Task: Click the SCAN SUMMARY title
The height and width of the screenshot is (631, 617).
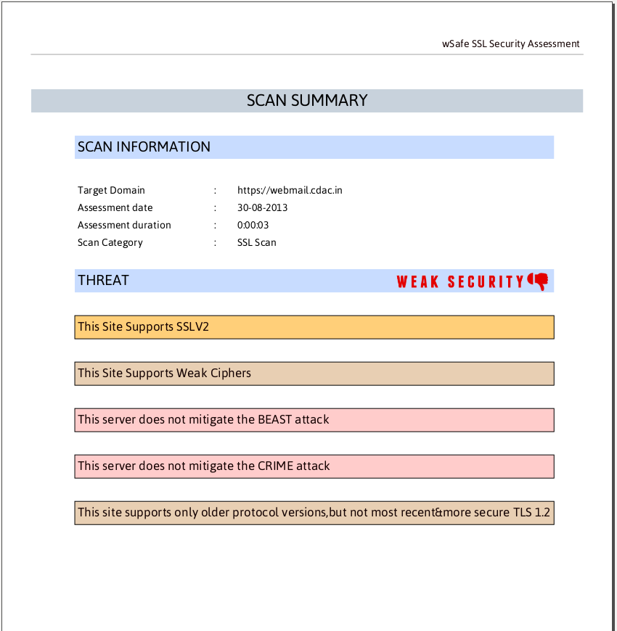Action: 307,100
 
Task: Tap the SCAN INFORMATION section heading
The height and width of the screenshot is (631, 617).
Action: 144,147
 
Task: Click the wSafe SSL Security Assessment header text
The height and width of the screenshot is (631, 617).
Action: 511,44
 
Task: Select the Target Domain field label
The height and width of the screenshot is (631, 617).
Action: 111,190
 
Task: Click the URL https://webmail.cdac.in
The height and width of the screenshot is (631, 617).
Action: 290,190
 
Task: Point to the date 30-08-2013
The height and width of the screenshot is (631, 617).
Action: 262,207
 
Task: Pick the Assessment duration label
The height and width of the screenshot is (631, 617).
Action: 124,225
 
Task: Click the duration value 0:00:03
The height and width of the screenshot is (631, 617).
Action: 253,225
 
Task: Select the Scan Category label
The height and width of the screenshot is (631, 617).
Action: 110,242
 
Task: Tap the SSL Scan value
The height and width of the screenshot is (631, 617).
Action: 256,242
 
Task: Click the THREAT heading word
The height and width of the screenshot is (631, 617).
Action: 103,280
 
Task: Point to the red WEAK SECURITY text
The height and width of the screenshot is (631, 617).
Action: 460,281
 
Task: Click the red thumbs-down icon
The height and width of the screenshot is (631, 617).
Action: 538,281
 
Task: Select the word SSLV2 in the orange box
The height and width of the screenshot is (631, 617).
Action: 192,326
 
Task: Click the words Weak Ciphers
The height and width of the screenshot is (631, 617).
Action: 214,373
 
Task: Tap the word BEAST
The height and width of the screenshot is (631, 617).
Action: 274,419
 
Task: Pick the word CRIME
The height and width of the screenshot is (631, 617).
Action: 275,466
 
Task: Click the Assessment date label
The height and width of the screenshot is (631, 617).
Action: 115,207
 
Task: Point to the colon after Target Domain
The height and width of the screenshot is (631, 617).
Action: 216,190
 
